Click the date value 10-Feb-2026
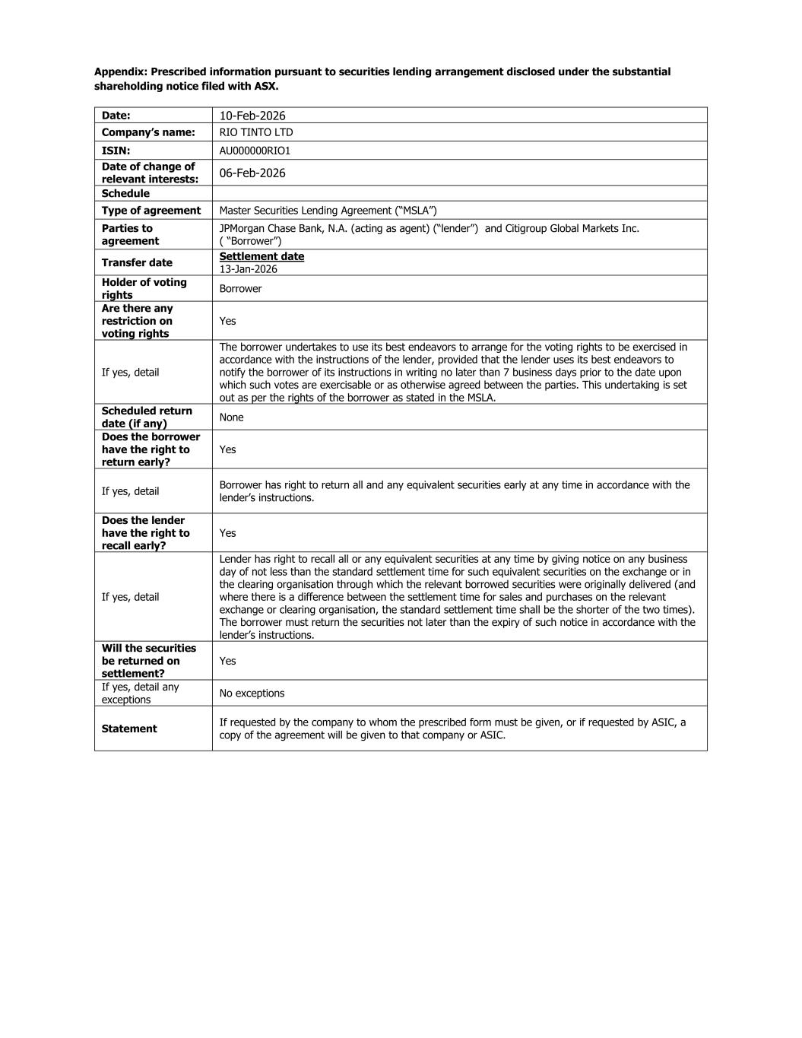252,116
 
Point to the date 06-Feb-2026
252,173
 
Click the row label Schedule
125,193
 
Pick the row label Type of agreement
151,211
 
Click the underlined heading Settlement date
262,256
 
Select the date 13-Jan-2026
248,269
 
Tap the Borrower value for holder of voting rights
240,289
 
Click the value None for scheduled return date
231,417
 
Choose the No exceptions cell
252,694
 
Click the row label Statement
129,729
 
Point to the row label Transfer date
137,262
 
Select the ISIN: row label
116,151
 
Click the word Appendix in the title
120,71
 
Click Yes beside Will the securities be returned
227,661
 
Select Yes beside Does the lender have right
227,533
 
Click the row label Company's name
148,132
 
